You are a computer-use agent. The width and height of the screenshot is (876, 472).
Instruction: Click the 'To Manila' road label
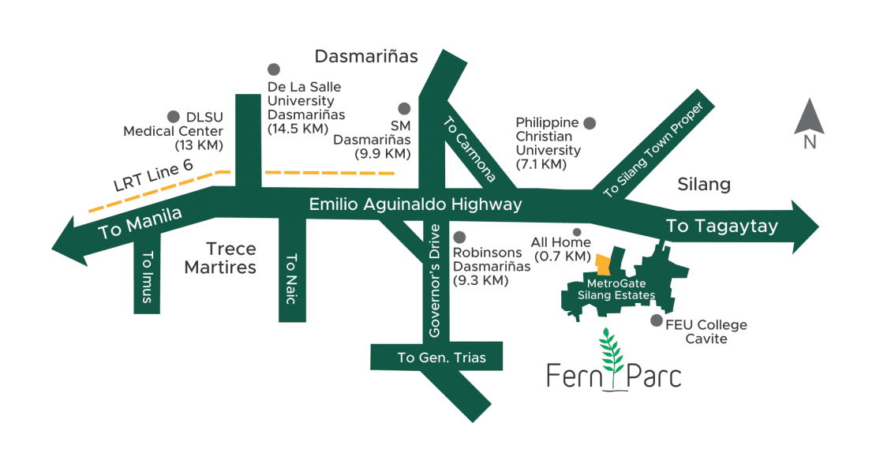[140, 223]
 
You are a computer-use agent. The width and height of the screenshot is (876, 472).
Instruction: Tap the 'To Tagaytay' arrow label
[722, 227]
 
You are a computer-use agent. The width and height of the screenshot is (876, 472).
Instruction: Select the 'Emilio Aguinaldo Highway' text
[415, 204]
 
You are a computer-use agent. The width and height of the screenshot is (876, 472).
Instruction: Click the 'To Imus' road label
[147, 272]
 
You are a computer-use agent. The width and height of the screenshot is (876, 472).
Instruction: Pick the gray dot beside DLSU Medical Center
[173, 115]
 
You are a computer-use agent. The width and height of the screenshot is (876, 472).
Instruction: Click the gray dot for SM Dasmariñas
[404, 109]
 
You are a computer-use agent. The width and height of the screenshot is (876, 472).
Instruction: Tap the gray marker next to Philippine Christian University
[590, 123]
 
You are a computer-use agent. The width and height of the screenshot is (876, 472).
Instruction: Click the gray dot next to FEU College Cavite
[656, 320]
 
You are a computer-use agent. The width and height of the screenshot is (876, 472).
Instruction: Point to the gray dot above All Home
[577, 233]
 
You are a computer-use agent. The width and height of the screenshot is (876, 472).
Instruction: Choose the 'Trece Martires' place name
[220, 258]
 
